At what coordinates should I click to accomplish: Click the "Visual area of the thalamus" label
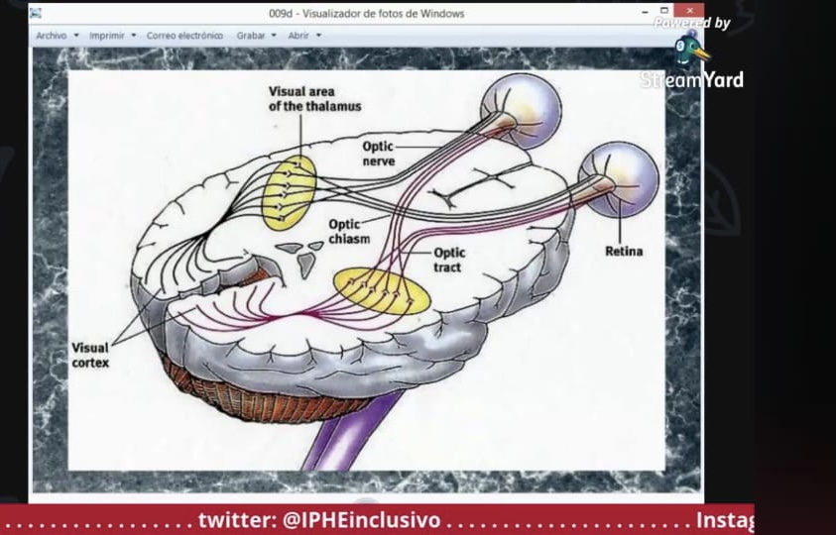point(314,99)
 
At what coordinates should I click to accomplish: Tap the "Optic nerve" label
point(379,154)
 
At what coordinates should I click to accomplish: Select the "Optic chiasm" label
point(349,231)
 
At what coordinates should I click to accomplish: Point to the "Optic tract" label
point(449,260)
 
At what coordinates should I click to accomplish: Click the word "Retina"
point(624,251)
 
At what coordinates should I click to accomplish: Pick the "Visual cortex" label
point(90,355)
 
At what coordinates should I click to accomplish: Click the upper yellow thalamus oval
point(289,193)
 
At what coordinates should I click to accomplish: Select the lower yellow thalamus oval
point(382,291)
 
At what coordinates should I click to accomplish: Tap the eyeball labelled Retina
point(620,179)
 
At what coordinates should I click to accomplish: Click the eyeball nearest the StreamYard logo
point(522,111)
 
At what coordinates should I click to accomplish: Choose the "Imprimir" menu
point(112,36)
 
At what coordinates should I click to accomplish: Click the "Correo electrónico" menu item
point(184,36)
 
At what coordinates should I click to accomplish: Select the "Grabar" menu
point(257,36)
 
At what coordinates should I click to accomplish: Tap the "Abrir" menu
point(304,36)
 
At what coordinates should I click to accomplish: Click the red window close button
point(689,11)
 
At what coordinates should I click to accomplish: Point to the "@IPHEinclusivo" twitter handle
point(362,520)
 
